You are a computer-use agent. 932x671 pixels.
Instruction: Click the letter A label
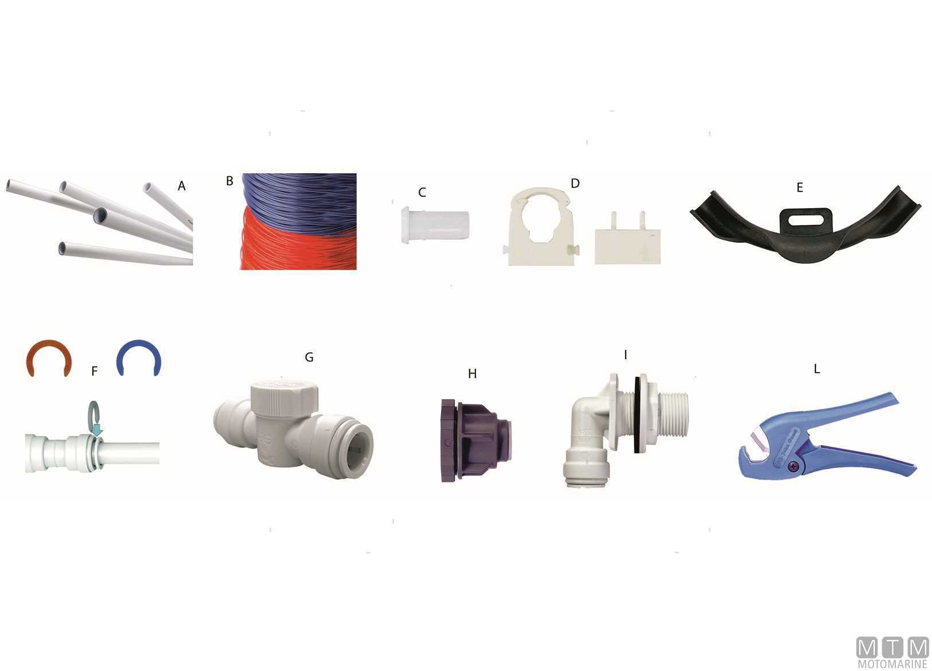[x=181, y=186]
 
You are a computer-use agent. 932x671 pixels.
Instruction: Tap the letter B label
[x=229, y=181]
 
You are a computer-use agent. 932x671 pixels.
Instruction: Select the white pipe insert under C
[x=435, y=225]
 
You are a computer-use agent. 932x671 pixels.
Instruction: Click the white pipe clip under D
[x=541, y=227]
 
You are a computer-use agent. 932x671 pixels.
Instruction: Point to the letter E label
[x=800, y=188]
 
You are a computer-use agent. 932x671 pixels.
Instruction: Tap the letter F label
[x=95, y=371]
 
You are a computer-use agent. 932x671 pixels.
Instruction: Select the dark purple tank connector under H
[x=476, y=440]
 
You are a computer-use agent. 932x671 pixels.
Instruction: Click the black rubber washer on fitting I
[x=637, y=415]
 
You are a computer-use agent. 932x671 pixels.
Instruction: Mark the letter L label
[x=817, y=369]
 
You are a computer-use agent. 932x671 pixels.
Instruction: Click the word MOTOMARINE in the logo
[x=892, y=664]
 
